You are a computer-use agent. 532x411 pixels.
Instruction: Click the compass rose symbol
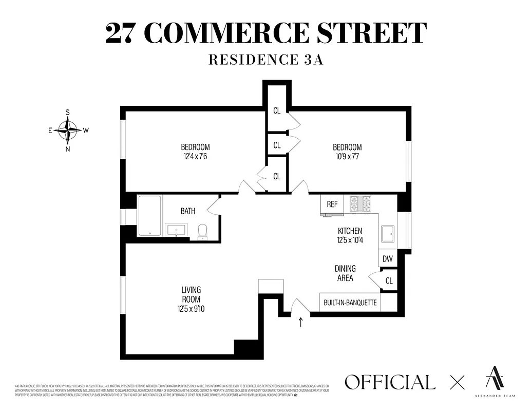click(x=67, y=130)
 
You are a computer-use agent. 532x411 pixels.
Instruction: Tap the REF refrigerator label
click(x=332, y=204)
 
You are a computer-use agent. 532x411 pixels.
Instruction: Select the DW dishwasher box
click(x=388, y=259)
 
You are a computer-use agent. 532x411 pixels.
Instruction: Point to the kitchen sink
click(x=387, y=234)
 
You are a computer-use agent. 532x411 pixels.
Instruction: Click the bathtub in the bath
click(x=149, y=216)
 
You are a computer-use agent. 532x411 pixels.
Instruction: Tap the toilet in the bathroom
click(x=202, y=232)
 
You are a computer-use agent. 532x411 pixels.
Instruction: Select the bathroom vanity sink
click(x=177, y=230)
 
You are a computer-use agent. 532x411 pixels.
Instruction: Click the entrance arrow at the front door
click(x=301, y=323)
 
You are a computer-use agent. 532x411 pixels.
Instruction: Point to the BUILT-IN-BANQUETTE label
click(x=350, y=303)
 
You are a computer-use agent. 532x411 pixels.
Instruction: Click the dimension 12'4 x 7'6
click(x=195, y=156)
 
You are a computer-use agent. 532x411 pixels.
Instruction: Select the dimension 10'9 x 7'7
click(x=347, y=156)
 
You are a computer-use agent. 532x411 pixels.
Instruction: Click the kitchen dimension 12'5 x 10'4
click(x=350, y=240)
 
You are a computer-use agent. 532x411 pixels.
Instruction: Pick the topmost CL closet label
click(x=277, y=110)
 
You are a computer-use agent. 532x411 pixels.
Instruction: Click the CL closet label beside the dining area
click(x=389, y=281)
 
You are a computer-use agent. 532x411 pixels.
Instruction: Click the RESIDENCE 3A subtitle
click(x=265, y=60)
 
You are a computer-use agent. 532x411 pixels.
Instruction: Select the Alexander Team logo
click(x=495, y=380)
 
